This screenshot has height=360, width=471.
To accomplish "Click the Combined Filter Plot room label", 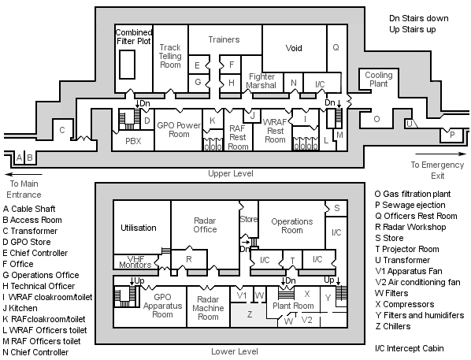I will point(134,37).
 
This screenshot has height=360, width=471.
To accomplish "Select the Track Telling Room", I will point(169,57).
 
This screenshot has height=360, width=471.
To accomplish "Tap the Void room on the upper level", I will point(293,48).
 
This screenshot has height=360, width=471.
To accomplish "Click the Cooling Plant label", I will point(378,80).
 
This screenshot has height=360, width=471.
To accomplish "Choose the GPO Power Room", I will point(179,129).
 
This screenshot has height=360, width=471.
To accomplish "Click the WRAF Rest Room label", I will point(275,129).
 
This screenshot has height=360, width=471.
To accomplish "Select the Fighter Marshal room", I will point(261,81).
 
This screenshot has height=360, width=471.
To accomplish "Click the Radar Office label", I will point(204,225).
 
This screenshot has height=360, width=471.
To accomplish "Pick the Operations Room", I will point(292,226).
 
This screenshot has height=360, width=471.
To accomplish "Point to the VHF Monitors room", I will point(134,262).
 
